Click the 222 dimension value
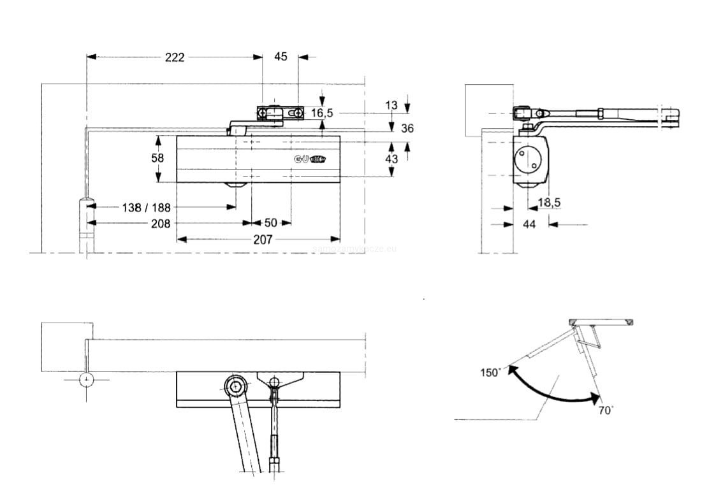point(174,57)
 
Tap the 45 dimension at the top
point(281,57)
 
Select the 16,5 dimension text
point(322,113)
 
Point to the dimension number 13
point(391,105)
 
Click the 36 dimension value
point(407,129)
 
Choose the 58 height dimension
point(157,157)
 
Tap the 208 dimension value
point(161,223)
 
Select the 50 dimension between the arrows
point(270,223)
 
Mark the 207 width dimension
point(262,240)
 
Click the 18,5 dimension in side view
point(549,203)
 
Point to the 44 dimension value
point(529,224)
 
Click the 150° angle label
point(490,373)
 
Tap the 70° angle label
point(606,410)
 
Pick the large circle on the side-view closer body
point(529,159)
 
